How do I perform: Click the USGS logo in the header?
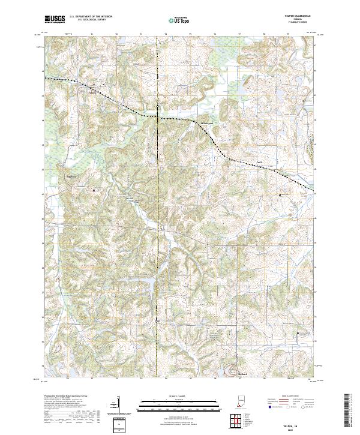(x=55, y=19)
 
